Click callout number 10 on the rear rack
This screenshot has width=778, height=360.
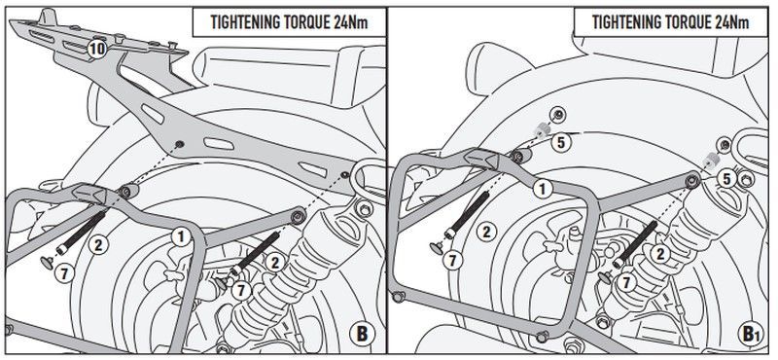pyautogui.click(x=94, y=48)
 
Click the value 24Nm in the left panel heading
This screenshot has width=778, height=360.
pyautogui.click(x=357, y=20)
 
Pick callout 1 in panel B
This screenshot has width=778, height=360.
pyautogui.click(x=180, y=235)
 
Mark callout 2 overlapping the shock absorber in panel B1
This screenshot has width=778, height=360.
pyautogui.click(x=659, y=254)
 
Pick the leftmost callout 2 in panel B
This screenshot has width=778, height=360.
pyautogui.click(x=97, y=244)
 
